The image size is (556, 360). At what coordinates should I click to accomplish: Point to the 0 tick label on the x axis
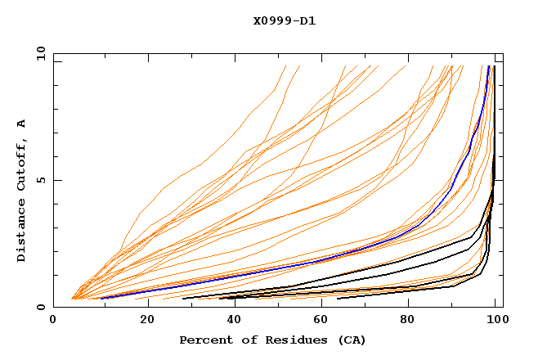click(x=53, y=321)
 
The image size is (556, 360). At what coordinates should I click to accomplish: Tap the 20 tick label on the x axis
click(x=142, y=321)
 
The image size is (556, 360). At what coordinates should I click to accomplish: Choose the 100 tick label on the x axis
click(x=496, y=321)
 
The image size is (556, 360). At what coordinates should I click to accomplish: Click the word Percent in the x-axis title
click(x=202, y=340)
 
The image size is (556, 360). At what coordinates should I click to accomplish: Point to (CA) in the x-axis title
click(x=352, y=340)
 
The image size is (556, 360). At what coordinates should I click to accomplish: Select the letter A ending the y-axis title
click(x=21, y=124)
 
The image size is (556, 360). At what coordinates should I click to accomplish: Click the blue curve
click(x=327, y=256)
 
